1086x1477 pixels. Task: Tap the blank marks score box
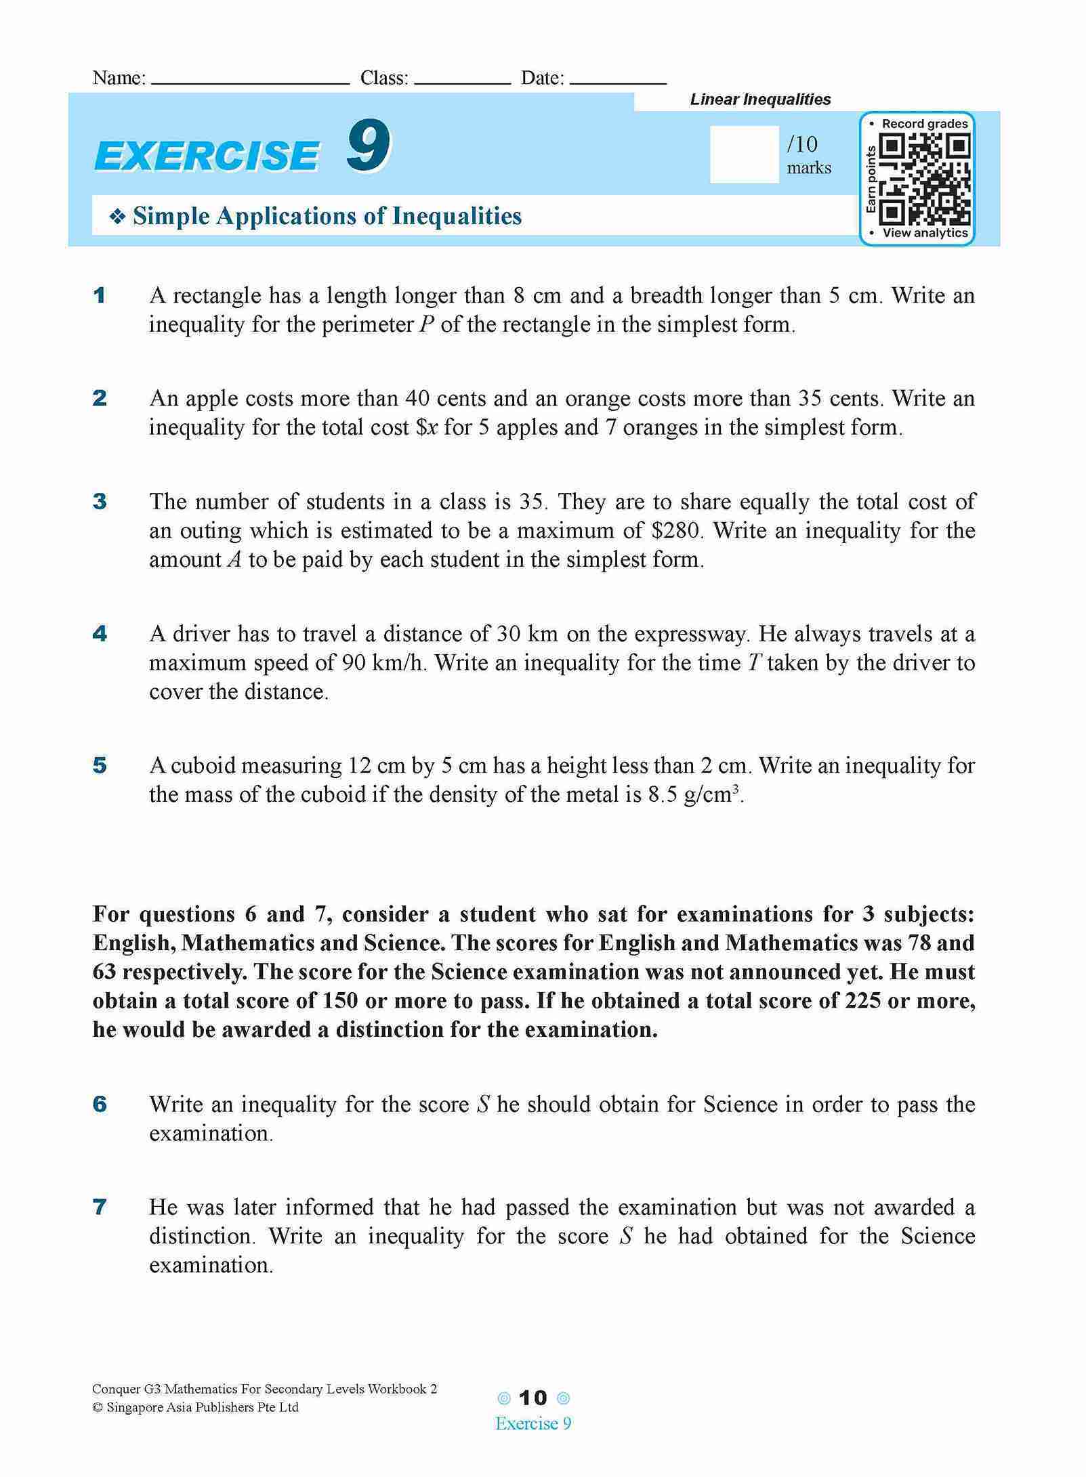point(744,154)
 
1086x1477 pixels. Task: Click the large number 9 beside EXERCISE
point(369,147)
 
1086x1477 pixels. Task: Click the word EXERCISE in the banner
point(207,156)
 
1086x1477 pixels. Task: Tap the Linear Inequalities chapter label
point(760,100)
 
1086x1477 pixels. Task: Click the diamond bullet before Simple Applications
point(119,217)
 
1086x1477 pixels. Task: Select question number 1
point(100,296)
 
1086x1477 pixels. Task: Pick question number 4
point(100,634)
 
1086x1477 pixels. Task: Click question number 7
point(100,1207)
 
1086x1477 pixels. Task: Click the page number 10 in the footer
point(532,1398)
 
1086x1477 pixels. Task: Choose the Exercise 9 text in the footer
point(533,1424)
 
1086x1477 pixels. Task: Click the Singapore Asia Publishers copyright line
point(196,1407)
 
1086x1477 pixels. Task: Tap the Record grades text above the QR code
point(924,124)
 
